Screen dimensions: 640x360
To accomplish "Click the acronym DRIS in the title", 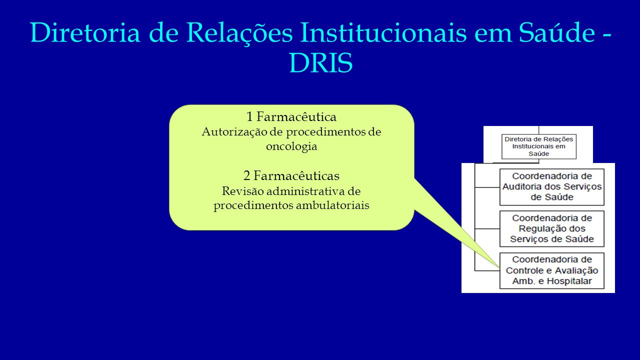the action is click(x=321, y=63).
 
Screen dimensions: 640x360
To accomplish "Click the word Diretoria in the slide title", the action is click(x=85, y=32).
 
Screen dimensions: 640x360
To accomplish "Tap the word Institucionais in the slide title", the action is click(x=383, y=32).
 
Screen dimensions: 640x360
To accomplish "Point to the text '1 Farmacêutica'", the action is click(x=291, y=116).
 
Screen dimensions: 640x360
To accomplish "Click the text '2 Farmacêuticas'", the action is click(x=291, y=175).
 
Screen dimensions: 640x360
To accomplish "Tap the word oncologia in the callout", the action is click(x=291, y=147).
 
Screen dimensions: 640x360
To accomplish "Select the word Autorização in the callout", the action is click(x=242, y=132).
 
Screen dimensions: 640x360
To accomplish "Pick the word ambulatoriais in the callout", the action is click(x=332, y=205).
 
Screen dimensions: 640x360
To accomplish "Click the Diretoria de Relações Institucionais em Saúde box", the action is click(x=539, y=146).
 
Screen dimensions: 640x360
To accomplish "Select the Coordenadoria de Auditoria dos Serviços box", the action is click(x=551, y=187).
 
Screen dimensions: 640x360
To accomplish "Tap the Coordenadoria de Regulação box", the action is click(x=551, y=228).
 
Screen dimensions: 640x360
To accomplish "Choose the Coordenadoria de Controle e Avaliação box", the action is click(x=551, y=270).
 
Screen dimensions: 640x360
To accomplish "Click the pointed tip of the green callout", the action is click(x=499, y=267).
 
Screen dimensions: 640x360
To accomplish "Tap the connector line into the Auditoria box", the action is click(x=487, y=187).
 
